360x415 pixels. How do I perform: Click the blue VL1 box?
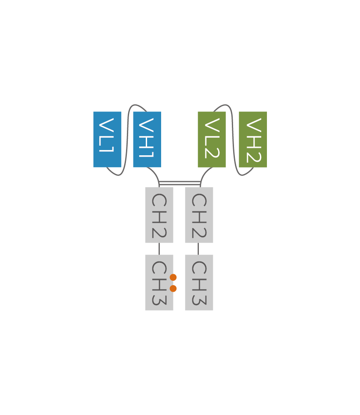[x=107, y=140]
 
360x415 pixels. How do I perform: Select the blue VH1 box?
[x=147, y=140]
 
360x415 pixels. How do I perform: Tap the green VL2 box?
[x=212, y=140]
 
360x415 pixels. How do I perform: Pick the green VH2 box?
[x=253, y=140]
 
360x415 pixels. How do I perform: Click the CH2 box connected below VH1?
[x=159, y=215]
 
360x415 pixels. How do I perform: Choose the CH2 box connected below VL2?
[x=199, y=215]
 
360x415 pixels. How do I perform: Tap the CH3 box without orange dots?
[x=199, y=283]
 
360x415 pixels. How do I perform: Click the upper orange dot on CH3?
[x=173, y=277]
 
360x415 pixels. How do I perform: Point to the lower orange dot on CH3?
[x=173, y=289]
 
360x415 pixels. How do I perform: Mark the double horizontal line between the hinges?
[x=180, y=183]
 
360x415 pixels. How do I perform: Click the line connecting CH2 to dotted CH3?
[x=159, y=249]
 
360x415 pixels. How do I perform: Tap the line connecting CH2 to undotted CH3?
[x=198, y=249]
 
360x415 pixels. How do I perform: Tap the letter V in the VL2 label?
[x=212, y=124]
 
